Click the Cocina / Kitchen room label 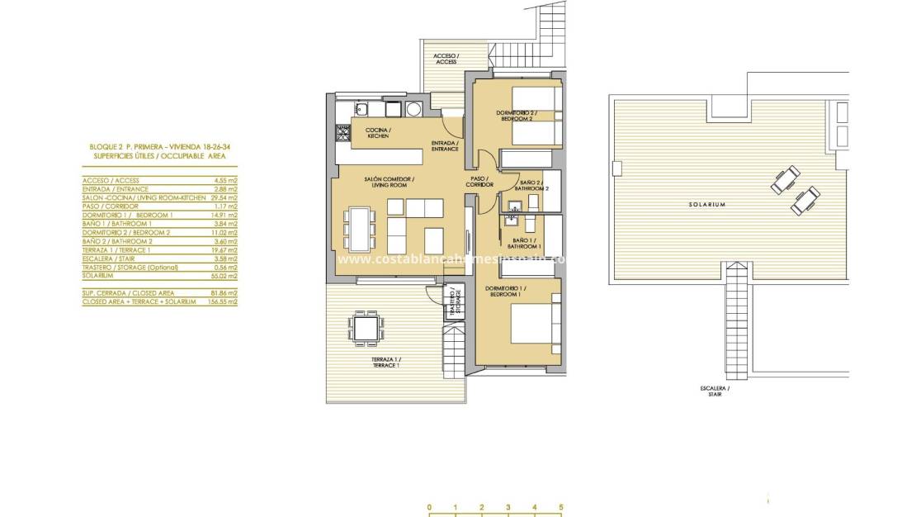378,133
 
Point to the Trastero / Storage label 452,303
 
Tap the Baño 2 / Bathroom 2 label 530,185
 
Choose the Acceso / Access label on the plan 446,59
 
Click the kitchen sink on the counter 362,107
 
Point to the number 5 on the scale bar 560,508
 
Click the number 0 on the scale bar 429,508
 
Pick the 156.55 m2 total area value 223,302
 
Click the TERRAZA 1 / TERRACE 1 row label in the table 116,249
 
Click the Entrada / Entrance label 446,146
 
